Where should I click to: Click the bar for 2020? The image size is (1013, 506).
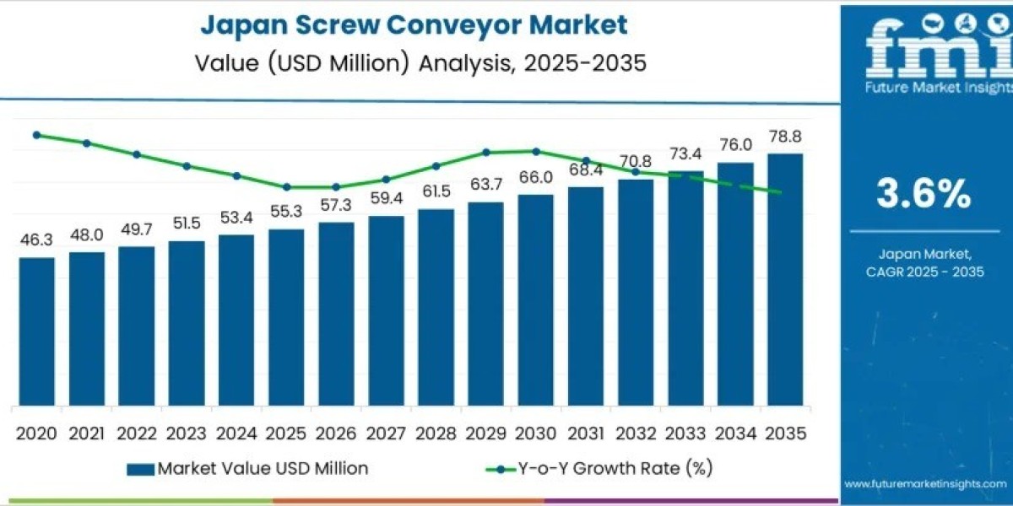[x=37, y=331]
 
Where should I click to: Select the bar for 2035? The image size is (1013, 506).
[x=784, y=279]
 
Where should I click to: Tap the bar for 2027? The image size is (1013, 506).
[x=386, y=310]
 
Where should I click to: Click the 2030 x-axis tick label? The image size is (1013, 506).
[x=535, y=433]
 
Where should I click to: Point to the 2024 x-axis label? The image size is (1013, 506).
[x=236, y=433]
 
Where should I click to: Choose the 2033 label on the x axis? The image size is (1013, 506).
[x=685, y=433]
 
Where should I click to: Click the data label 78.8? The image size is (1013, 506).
[x=784, y=137]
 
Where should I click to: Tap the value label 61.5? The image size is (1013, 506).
[x=436, y=191]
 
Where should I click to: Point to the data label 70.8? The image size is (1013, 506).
[x=635, y=161]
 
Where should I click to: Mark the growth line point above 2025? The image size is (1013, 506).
[x=286, y=187]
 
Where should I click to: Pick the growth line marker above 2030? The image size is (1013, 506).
[x=535, y=151]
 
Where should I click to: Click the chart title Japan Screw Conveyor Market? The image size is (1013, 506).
[x=414, y=25]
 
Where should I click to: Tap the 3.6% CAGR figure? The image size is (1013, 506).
[x=923, y=194]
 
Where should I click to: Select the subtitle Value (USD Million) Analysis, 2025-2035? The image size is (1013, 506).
[x=414, y=63]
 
